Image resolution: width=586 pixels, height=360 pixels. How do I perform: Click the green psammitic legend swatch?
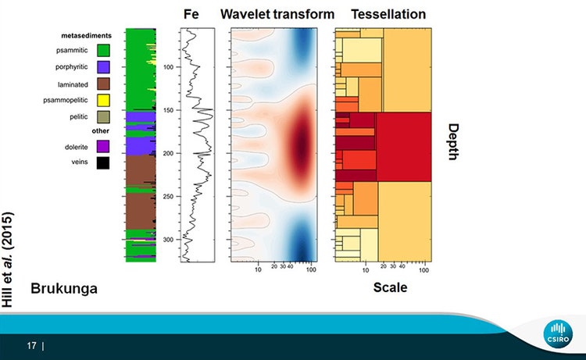(x=103, y=51)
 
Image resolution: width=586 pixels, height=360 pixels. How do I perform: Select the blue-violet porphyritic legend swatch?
(x=103, y=67)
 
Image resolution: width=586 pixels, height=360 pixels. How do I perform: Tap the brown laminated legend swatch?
(x=103, y=84)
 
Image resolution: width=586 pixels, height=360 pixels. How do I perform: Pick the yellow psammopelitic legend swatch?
(x=103, y=101)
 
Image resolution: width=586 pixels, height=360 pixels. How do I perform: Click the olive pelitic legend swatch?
(x=103, y=117)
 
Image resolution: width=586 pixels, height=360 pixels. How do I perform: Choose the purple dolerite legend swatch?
(x=103, y=146)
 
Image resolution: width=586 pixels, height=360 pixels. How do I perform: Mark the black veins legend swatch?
(x=103, y=162)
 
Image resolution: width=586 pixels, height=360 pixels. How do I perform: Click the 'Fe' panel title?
(x=191, y=14)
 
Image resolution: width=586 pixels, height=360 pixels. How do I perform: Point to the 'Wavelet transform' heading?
(x=277, y=14)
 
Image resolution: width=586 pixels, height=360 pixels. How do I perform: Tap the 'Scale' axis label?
(x=390, y=287)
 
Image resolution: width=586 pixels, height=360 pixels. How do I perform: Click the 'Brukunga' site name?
(x=64, y=288)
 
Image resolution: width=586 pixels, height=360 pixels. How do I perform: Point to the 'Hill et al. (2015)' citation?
(x=10, y=258)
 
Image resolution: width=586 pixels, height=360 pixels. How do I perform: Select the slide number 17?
(x=31, y=344)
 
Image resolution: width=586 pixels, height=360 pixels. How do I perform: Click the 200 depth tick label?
(x=169, y=154)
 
